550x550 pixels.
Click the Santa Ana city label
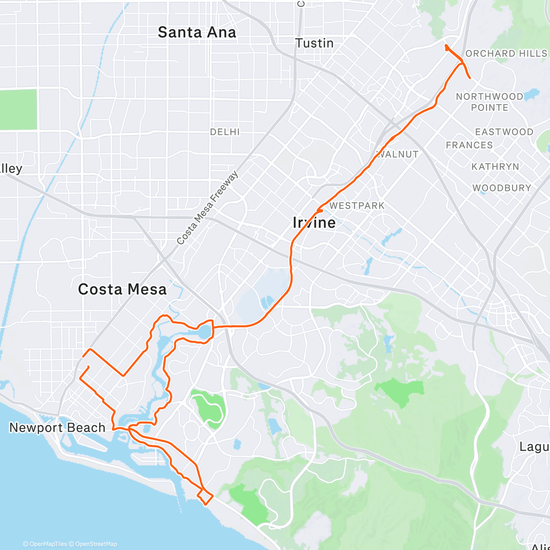pos(197,33)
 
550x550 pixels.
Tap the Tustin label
pos(314,43)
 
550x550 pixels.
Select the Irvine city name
pos(314,223)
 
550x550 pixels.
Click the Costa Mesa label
pos(122,289)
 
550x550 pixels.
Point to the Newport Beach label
pos(57,428)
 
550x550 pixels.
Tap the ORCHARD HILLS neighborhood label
pos(506,54)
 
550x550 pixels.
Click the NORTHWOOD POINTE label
pos(489,102)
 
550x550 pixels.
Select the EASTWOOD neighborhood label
pos(504,132)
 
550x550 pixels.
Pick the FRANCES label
pos(469,145)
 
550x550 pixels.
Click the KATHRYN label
pos(495,166)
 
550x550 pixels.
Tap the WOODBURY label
pos(502,188)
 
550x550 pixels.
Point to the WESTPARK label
pos(357,206)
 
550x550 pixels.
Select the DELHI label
pos(225,132)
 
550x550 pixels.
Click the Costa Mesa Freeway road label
pos(208,208)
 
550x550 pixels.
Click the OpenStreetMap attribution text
pos(95,544)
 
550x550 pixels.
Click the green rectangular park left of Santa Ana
pos(18,109)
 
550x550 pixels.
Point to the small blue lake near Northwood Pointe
pos(532,95)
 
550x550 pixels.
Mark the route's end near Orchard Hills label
pos(470,78)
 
